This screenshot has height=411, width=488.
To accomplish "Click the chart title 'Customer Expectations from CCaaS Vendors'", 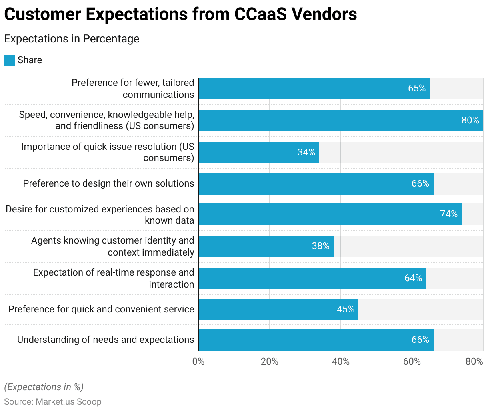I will point(180,15).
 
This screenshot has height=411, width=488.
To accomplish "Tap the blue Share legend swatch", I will point(10,60).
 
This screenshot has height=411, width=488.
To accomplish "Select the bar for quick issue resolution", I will point(259,153).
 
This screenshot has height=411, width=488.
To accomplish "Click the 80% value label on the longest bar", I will point(470,120).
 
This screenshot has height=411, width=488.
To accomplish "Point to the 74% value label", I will point(449,214).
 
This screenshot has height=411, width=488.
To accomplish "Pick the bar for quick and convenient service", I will point(278,310).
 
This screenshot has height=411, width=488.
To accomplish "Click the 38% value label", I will point(320,246).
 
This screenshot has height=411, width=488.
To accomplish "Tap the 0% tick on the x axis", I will point(198,361).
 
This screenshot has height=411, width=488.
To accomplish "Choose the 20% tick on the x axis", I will point(270,361).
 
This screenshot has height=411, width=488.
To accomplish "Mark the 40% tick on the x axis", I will point(341,361).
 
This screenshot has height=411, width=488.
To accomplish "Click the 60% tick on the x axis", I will point(412,361).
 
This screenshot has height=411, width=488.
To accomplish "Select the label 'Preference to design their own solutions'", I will point(108,183).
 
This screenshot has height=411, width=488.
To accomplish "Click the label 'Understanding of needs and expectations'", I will point(106,340).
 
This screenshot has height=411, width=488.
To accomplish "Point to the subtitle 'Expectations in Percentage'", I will point(72,39).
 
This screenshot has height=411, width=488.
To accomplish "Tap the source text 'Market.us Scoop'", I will point(68,401).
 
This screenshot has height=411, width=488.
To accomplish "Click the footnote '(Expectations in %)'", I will point(44,387).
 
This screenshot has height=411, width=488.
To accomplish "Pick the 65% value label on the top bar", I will point(417,88).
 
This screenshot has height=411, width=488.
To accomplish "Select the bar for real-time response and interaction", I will point(312,278).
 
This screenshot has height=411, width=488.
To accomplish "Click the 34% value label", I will point(306,152).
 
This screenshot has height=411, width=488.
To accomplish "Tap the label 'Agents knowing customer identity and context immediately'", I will point(112,246).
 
